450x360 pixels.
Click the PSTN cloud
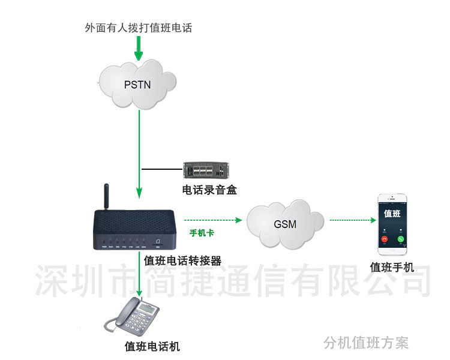click(137, 85)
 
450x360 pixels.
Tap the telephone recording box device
click(206, 170)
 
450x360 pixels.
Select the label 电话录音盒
click(209, 190)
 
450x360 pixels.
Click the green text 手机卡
click(202, 232)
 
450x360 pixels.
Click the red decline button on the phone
click(383, 239)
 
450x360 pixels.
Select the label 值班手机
click(392, 267)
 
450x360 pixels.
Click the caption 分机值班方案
click(365, 343)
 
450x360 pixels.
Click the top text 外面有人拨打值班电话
click(139, 28)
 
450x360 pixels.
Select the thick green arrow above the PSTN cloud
click(139, 48)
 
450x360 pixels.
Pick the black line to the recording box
click(163, 169)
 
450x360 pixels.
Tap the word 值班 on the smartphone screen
click(392, 214)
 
